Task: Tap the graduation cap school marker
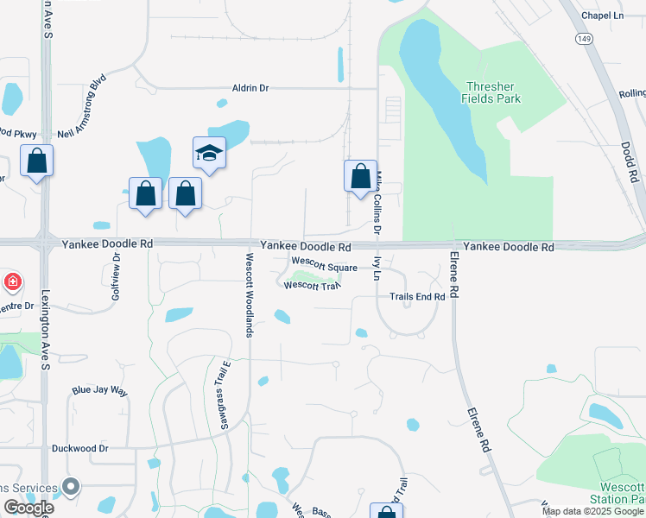pos(209,154)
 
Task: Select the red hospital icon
pos(13,281)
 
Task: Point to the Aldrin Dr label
pos(250,88)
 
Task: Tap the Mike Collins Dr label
pos(377,202)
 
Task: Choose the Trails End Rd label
pos(417,296)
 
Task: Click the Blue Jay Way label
pos(99,391)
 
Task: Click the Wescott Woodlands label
pos(248,294)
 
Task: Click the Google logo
pos(28,508)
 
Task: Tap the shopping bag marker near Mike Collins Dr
pos(359,177)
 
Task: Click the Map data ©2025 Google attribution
pos(592,511)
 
